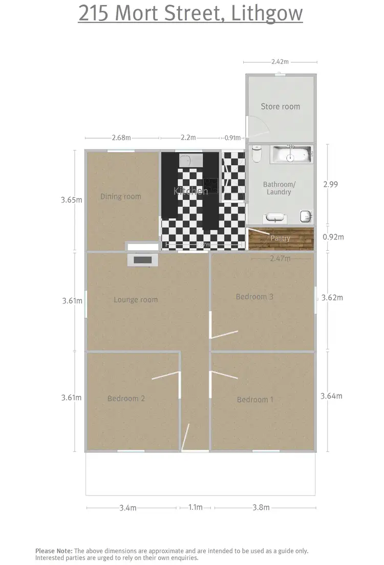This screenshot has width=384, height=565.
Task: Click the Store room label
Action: pyautogui.click(x=280, y=106)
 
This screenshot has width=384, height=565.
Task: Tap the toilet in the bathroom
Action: pyautogui.click(x=257, y=153)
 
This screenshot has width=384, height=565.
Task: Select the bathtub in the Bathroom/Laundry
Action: pyautogui.click(x=291, y=154)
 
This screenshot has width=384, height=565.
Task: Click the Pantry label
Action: pyautogui.click(x=280, y=238)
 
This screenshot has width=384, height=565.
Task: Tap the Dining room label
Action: pyautogui.click(x=120, y=197)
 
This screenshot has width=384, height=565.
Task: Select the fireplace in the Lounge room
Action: pyautogui.click(x=142, y=260)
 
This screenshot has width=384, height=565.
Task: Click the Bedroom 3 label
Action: pyautogui.click(x=254, y=297)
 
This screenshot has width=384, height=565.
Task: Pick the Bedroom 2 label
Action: pyautogui.click(x=126, y=398)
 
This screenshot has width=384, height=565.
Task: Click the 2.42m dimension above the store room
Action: pyautogui.click(x=280, y=62)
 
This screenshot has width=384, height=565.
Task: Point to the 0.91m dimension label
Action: pyautogui.click(x=232, y=138)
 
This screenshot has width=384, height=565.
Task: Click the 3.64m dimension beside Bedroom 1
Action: pyautogui.click(x=331, y=396)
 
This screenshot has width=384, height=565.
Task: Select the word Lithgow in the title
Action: pyautogui.click(x=267, y=13)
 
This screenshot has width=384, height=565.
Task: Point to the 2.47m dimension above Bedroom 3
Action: pyautogui.click(x=280, y=259)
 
